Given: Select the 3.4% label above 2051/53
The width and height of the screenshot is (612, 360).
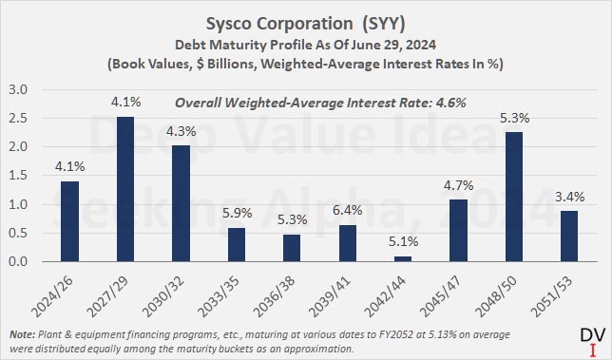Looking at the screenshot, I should [x=567, y=197].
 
